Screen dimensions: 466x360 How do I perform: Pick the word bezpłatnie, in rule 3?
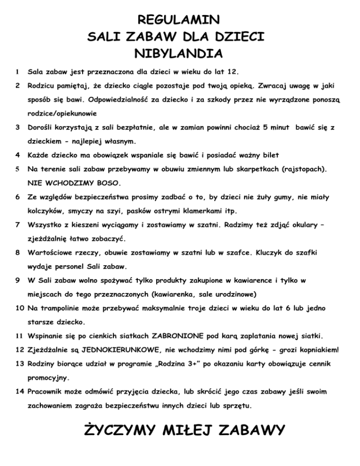click(x=127, y=128)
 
